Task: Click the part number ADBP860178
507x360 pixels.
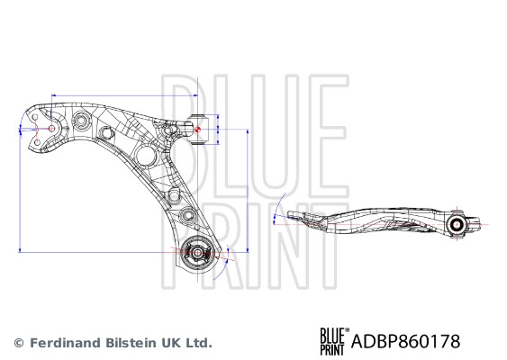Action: (405, 341)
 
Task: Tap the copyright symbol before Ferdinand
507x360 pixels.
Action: (19, 343)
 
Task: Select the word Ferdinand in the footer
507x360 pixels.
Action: (59, 342)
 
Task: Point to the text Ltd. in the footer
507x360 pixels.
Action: (200, 342)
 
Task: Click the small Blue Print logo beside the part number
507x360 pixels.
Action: (333, 341)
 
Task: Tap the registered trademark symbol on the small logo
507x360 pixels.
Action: (348, 330)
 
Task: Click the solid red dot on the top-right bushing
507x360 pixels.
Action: (198, 130)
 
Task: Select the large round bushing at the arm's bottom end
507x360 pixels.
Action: (197, 252)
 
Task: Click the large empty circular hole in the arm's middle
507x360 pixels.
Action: (147, 156)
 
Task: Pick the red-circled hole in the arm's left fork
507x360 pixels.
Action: (51, 129)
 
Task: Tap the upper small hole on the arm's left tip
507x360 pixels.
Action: (35, 117)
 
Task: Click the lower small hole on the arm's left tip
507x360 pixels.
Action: (37, 142)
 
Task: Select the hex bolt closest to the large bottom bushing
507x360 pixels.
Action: (187, 214)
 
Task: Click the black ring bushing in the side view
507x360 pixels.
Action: (457, 224)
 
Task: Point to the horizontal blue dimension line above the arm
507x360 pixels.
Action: (124, 95)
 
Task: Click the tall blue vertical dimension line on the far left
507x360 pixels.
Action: (20, 190)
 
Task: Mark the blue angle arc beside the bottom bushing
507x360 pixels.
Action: (224, 263)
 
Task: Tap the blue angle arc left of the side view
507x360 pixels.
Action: (277, 208)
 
